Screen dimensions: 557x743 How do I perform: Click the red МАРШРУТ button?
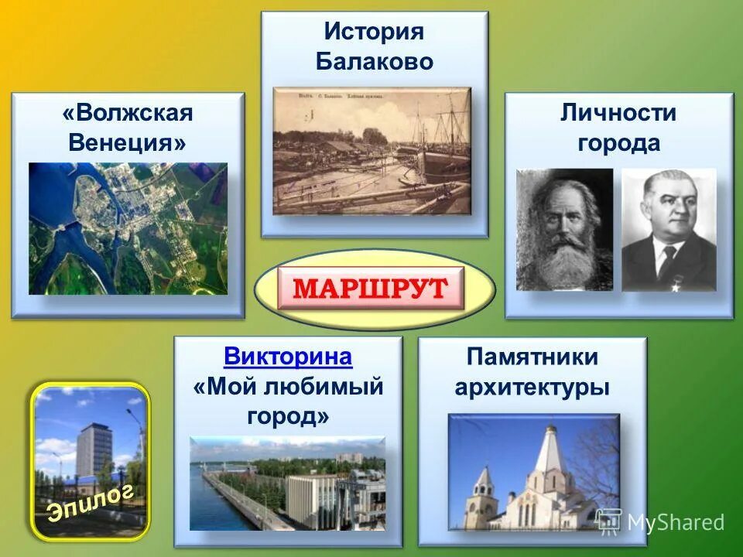pyautogui.click(x=371, y=289)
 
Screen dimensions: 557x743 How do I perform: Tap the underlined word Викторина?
pyautogui.click(x=288, y=357)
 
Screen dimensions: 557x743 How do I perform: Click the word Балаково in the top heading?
pyautogui.click(x=375, y=62)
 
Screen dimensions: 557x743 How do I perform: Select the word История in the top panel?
pyautogui.click(x=375, y=32)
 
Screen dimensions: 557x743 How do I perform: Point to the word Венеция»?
pyautogui.click(x=128, y=143)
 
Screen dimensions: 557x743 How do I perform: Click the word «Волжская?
pyautogui.click(x=128, y=114)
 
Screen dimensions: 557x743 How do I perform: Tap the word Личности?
pyautogui.click(x=618, y=114)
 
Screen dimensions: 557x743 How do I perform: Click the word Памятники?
pyautogui.click(x=532, y=357)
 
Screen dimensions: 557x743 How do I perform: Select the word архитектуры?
pyautogui.click(x=532, y=387)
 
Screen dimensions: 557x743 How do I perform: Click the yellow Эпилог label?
pyautogui.click(x=91, y=501)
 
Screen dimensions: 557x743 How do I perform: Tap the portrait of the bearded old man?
pyautogui.click(x=564, y=230)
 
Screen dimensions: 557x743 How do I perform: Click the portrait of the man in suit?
pyautogui.click(x=669, y=230)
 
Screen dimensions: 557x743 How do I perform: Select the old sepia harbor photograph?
pyautogui.click(x=372, y=151)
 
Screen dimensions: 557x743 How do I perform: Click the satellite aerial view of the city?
pyautogui.click(x=128, y=228)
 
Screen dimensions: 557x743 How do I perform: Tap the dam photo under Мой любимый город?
pyautogui.click(x=287, y=483)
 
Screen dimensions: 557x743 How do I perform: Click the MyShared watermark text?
pyautogui.click(x=676, y=523)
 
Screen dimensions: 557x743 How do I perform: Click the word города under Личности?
pyautogui.click(x=618, y=143)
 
